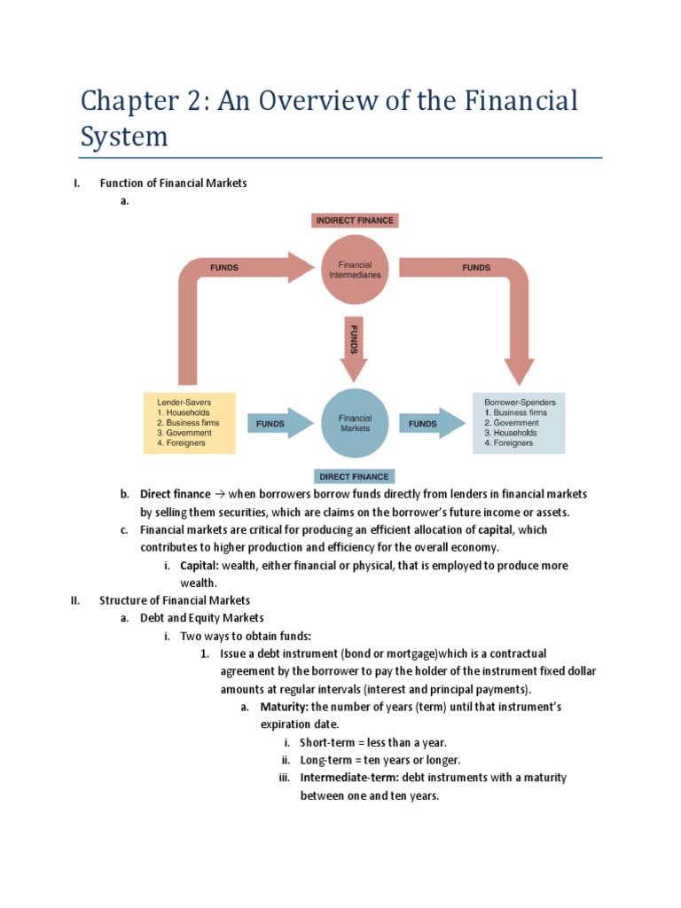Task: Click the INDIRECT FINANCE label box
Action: click(x=354, y=220)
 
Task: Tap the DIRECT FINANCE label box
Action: click(x=354, y=476)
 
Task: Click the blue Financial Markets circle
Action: click(x=354, y=423)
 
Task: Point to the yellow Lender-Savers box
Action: click(x=190, y=423)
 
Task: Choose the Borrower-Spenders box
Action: click(x=519, y=423)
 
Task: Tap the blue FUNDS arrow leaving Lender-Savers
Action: click(x=273, y=424)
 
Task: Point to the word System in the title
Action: click(x=123, y=137)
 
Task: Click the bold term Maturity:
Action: click(x=284, y=707)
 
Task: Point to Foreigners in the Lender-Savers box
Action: click(x=181, y=443)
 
